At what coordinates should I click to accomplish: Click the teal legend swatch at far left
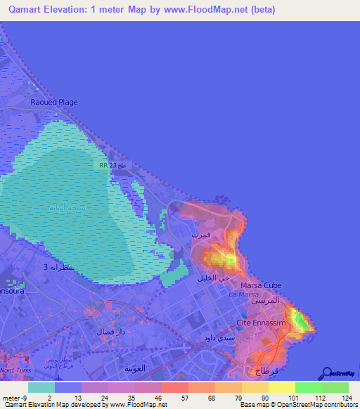point(41,387)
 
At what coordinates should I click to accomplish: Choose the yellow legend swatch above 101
point(282,387)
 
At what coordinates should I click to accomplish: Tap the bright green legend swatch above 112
point(309,387)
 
